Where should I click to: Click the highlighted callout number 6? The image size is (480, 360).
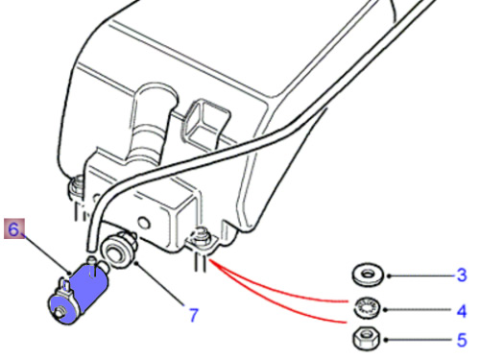13,229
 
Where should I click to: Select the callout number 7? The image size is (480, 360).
194,315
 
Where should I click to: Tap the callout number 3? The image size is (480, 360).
462,275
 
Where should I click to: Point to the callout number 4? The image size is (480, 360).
462,310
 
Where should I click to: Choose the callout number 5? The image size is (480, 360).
462,340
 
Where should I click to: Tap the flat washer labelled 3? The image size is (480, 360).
368,274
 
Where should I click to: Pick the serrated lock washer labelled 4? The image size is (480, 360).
367,308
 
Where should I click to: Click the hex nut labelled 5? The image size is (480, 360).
366,339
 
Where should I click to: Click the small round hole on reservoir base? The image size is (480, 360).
145,222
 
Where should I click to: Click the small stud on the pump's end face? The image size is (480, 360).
59,312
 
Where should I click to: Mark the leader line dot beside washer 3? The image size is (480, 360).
389,276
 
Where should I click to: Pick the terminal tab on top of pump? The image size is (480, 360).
65,284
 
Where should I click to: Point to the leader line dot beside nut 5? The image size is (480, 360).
385,340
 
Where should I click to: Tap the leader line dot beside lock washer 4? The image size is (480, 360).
385,310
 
